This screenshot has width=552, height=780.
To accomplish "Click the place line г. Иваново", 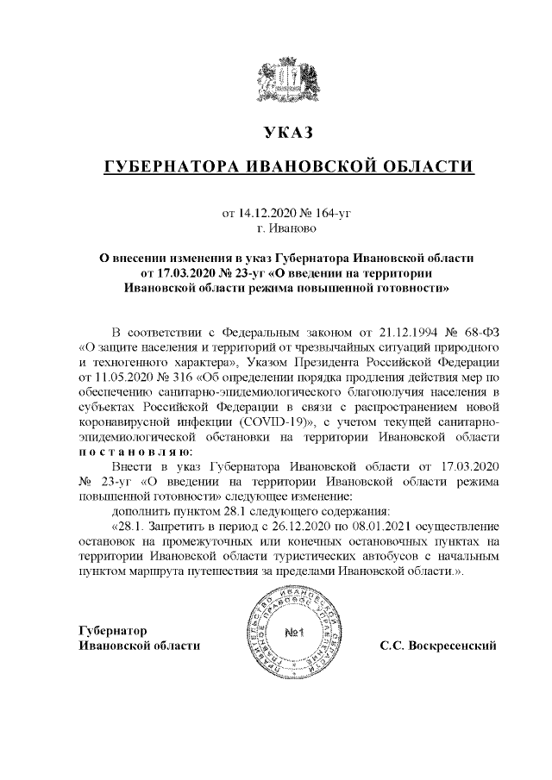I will click(287, 228).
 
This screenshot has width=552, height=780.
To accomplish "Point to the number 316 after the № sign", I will click(179, 377).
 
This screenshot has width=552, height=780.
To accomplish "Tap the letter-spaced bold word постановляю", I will click(135, 452).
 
